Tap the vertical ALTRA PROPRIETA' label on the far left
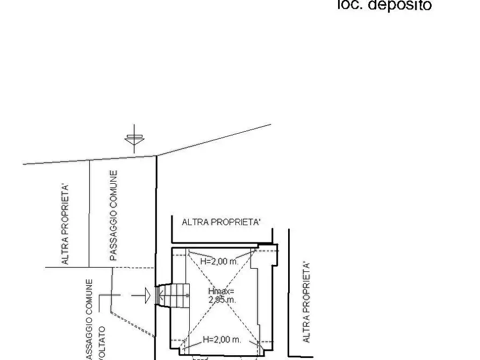coord(65,224)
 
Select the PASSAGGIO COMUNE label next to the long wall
coord(113,215)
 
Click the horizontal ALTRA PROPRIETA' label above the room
coord(221,222)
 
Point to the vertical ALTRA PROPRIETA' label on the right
coord(307,302)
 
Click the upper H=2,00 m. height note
coord(219,261)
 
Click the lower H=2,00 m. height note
coord(221,340)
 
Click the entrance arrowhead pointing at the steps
coord(147,295)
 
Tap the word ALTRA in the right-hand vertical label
coord(307,330)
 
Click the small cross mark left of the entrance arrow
coord(112,295)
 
